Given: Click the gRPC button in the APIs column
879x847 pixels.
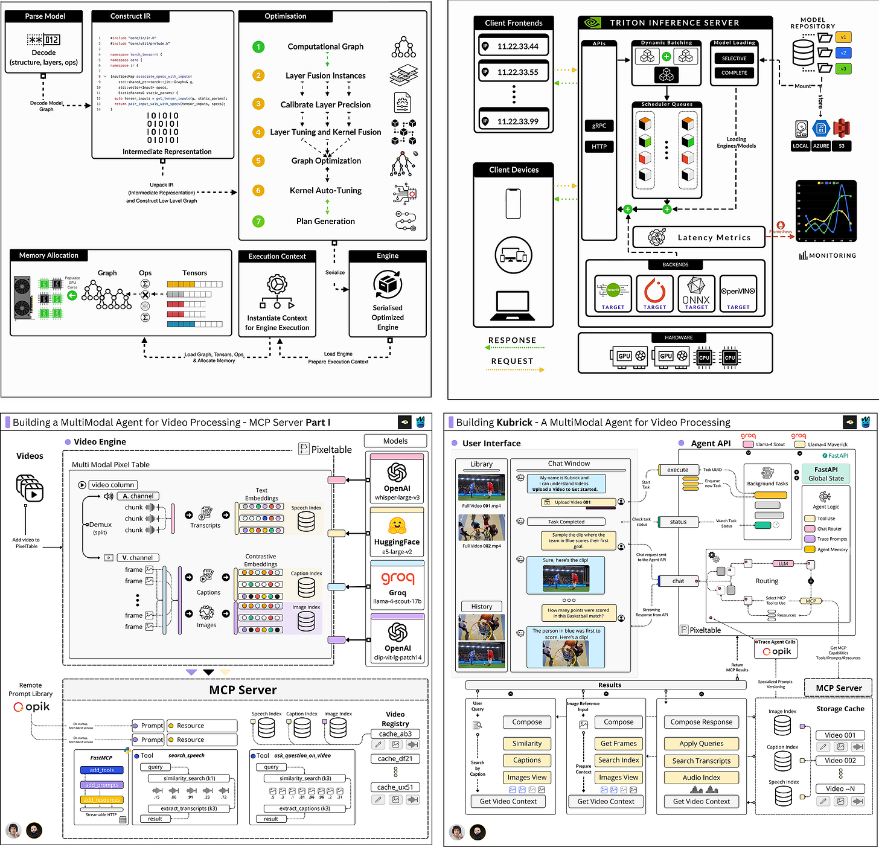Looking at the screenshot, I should (x=599, y=126).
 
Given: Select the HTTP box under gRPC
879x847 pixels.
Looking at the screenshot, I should (x=599, y=146).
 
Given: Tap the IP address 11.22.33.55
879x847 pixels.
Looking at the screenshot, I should (x=517, y=72).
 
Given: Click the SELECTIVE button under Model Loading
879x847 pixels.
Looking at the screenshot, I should (x=734, y=59).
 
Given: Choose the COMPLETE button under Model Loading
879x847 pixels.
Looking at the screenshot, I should (x=734, y=73).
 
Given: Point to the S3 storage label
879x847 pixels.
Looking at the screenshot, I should (x=842, y=146).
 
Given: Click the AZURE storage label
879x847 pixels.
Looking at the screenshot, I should (x=821, y=146).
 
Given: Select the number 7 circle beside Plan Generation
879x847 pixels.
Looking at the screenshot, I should (x=258, y=221).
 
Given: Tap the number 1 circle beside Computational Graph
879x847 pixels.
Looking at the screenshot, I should (x=258, y=46).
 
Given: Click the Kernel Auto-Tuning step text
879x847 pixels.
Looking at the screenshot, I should (x=325, y=190).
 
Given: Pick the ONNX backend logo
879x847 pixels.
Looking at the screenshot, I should (x=696, y=291).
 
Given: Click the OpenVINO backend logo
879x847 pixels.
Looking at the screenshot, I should (x=738, y=291).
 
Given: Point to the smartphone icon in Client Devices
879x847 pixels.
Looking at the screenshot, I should (x=513, y=203).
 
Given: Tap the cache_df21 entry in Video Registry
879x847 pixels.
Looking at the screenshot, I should (x=395, y=759).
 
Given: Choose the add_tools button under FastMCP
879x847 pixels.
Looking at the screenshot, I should (x=101, y=770).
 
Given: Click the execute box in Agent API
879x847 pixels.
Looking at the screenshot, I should (x=677, y=470).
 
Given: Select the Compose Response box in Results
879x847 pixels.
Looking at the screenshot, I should (x=701, y=722).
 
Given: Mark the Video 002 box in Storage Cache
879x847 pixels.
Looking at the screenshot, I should (x=840, y=761).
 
